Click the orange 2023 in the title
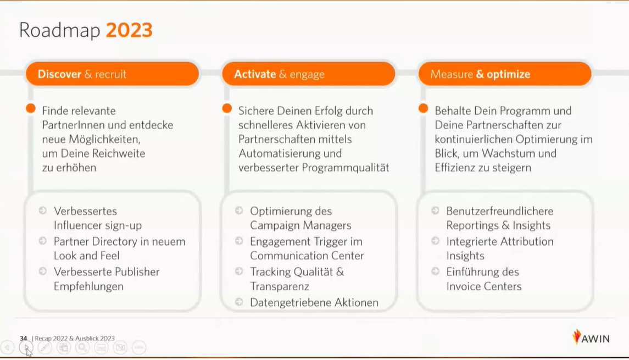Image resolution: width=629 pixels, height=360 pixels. [x=129, y=30]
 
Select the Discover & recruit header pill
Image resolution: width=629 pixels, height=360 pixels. [x=112, y=74]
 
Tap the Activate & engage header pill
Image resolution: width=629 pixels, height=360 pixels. [x=309, y=74]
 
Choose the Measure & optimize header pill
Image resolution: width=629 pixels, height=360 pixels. [x=505, y=74]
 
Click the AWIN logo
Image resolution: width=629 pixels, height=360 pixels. [x=591, y=337]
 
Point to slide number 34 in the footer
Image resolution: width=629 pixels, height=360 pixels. [x=23, y=339]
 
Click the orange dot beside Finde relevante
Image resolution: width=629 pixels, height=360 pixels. [x=31, y=108]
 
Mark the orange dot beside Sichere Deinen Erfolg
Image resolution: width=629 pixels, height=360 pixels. [x=227, y=108]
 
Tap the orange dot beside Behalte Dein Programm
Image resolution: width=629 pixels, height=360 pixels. [x=423, y=108]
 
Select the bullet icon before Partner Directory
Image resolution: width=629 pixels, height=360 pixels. [x=42, y=241]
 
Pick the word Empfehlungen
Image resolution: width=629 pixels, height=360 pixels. [x=88, y=286]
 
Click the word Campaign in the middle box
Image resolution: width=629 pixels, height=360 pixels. [x=275, y=225]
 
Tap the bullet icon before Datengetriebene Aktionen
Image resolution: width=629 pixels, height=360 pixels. [x=239, y=302]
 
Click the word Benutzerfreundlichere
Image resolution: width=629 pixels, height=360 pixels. [x=500, y=211]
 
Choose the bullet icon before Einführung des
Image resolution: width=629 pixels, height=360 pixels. [x=435, y=272]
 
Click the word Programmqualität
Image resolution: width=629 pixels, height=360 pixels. [x=346, y=167]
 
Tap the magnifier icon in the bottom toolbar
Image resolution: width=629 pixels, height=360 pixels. [x=82, y=347]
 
